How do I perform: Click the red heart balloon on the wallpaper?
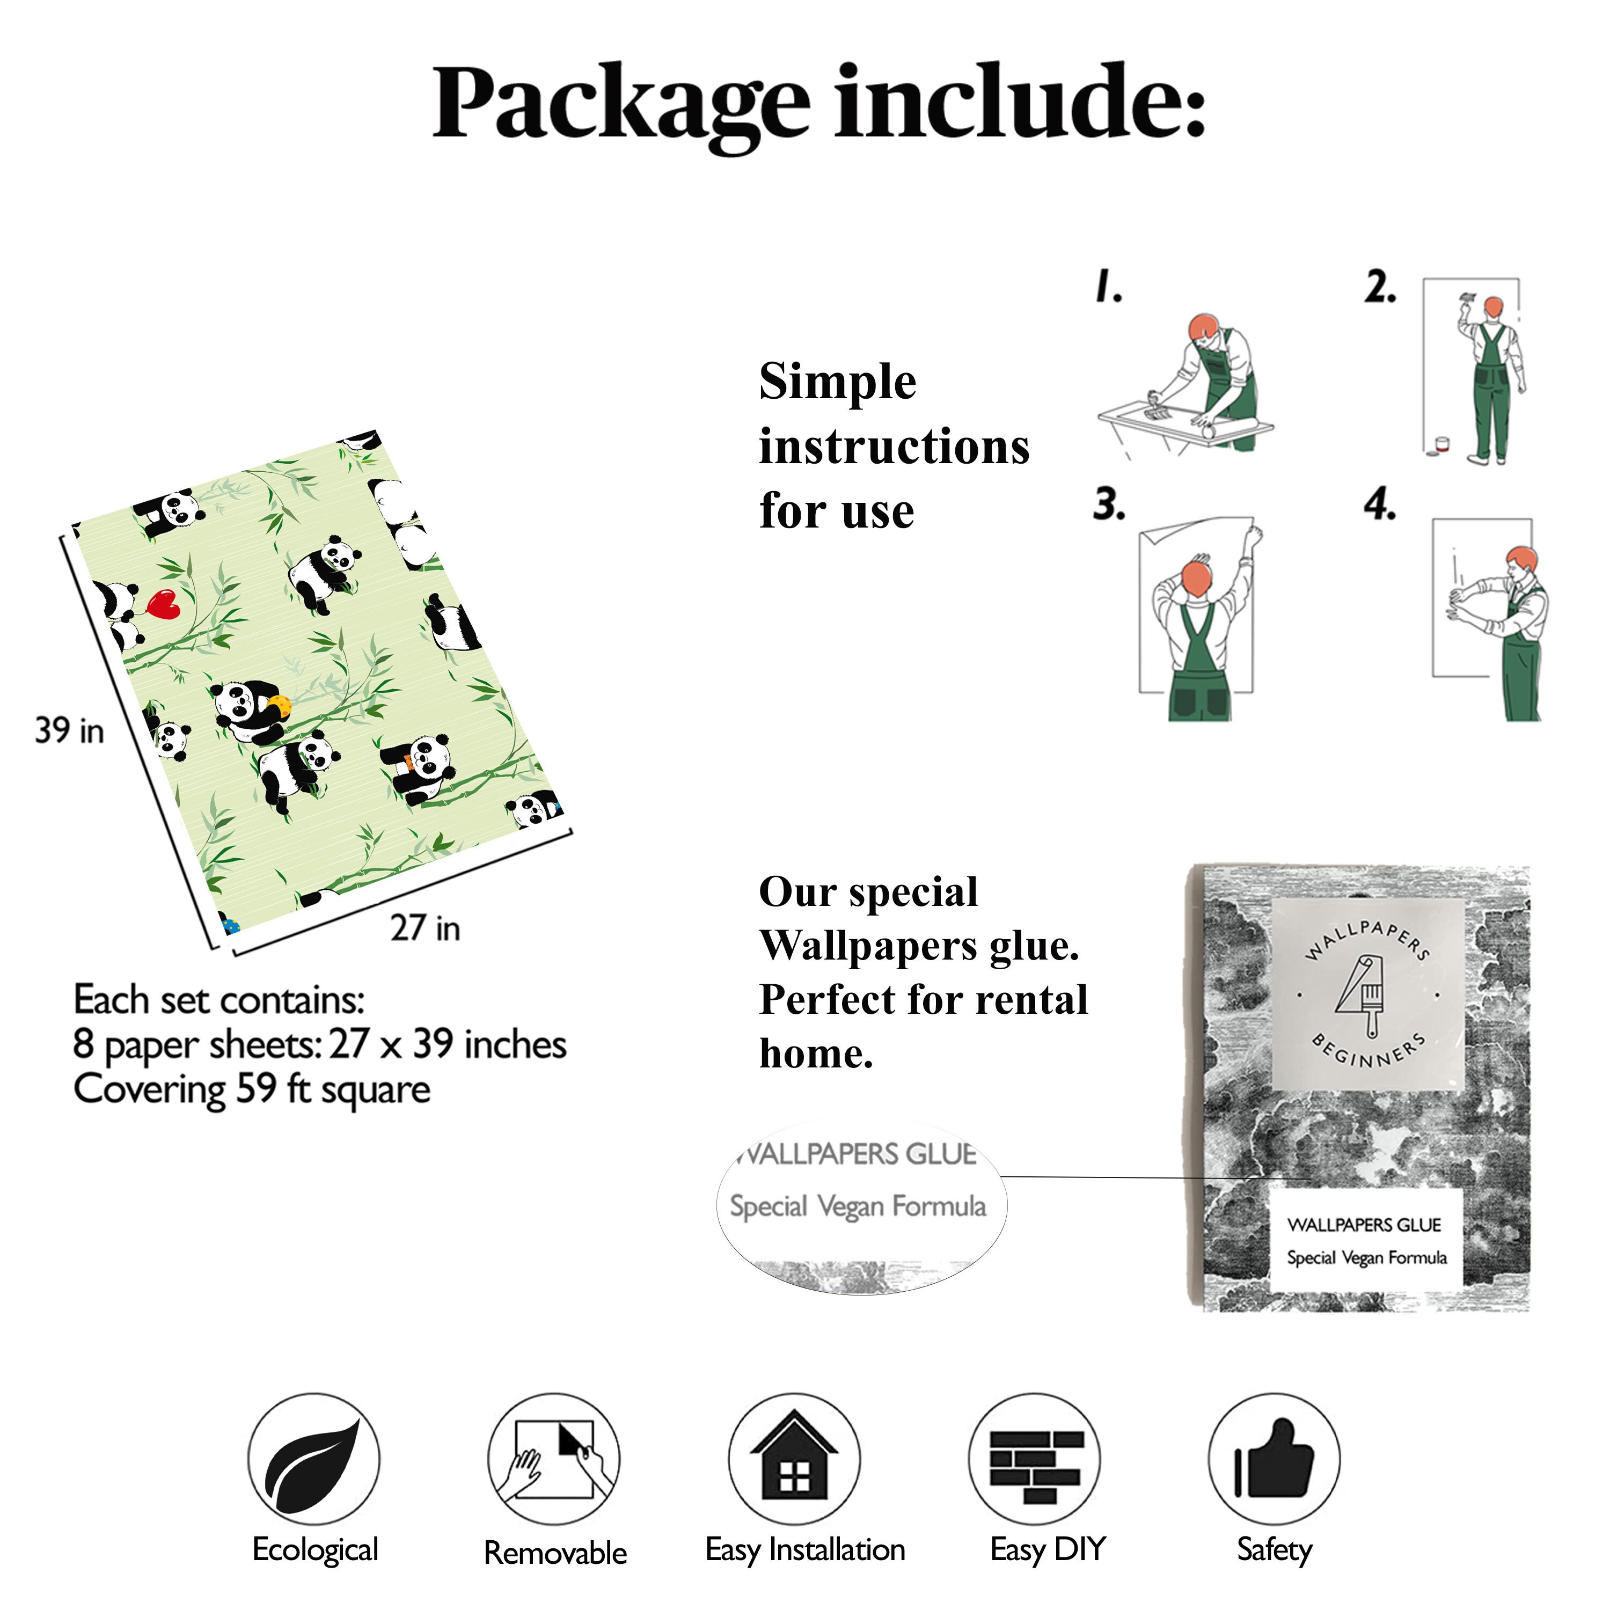click(163, 604)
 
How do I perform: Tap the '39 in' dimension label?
click(70, 731)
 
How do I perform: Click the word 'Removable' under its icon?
click(555, 1553)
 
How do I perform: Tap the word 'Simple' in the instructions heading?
click(838, 383)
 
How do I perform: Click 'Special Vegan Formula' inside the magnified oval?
click(858, 1206)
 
